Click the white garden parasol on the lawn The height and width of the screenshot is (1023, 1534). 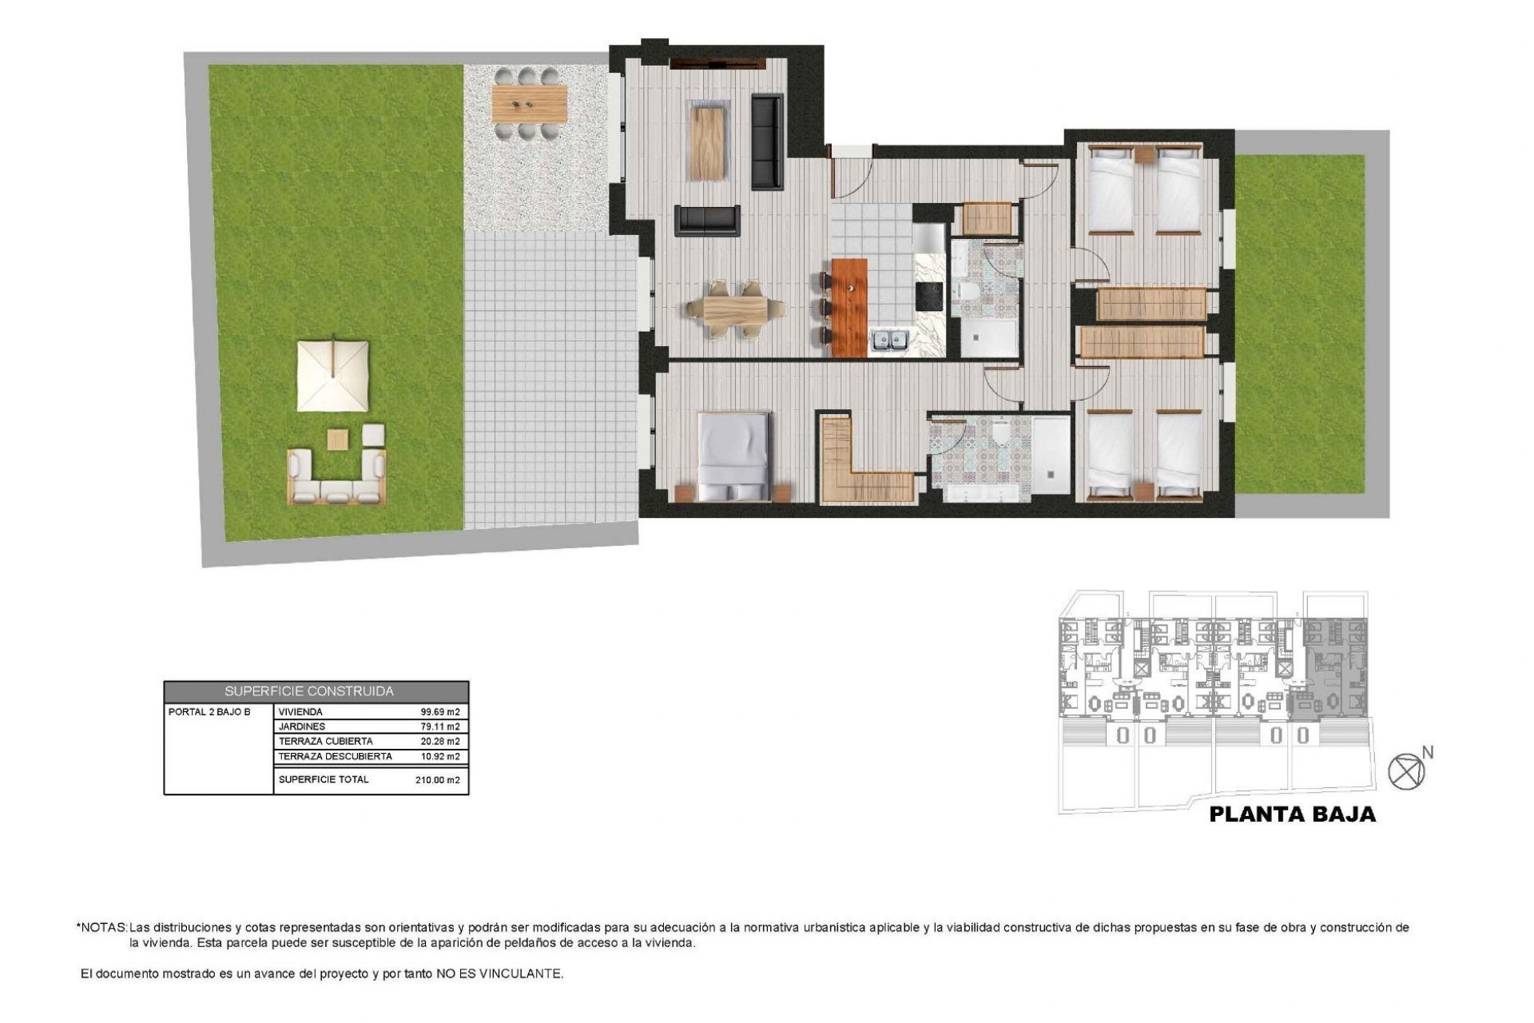pos(333,376)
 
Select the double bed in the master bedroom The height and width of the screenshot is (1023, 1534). pos(733,456)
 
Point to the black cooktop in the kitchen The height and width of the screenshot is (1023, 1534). pos(929,297)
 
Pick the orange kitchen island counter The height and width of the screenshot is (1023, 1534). pos(849,307)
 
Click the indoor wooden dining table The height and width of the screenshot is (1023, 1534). pos(734,309)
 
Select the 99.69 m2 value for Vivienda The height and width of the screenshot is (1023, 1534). pos(440,712)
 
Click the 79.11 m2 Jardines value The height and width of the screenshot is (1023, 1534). pos(440,727)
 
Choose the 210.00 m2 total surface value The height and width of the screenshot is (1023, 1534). pos(438,780)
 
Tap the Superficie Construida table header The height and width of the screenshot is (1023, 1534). pos(309,691)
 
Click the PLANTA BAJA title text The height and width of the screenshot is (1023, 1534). pos(1292,814)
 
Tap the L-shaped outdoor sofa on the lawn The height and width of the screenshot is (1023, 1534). pos(337,480)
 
